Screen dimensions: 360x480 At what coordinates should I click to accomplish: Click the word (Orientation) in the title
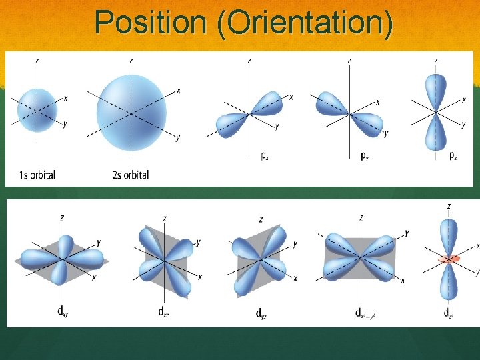click(x=302, y=23)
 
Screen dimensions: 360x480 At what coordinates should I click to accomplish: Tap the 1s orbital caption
click(x=31, y=175)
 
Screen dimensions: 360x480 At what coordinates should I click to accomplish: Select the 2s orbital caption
click(x=131, y=175)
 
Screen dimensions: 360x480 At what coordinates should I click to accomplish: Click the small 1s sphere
click(x=37, y=109)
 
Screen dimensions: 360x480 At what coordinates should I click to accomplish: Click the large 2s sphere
click(x=131, y=112)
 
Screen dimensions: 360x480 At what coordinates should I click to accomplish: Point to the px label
click(x=265, y=156)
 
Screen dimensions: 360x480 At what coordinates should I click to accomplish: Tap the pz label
click(x=453, y=156)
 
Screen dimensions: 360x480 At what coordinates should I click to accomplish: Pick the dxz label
click(x=163, y=311)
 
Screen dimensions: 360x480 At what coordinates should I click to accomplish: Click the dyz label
click(x=261, y=312)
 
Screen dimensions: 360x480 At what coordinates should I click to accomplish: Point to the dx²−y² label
click(x=364, y=312)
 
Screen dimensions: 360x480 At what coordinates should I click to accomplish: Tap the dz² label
click(x=449, y=312)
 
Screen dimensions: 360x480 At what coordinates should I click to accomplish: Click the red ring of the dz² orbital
click(x=448, y=259)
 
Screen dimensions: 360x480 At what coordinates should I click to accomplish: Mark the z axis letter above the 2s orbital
click(x=131, y=61)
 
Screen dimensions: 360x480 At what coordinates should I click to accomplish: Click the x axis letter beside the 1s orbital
click(x=65, y=99)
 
